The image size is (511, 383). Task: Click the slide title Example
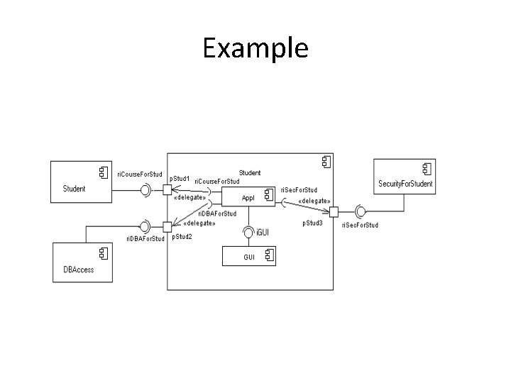255,48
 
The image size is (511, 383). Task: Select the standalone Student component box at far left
79,180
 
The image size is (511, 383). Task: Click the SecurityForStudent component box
405,176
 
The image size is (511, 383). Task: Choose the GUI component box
248,257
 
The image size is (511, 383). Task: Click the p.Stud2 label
182,236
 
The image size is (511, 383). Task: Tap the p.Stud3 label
312,223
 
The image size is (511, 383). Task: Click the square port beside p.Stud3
334,211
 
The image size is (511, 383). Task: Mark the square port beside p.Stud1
167,189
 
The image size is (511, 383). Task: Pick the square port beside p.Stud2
167,227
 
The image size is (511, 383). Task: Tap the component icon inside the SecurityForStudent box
426,168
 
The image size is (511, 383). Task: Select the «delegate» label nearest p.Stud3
314,201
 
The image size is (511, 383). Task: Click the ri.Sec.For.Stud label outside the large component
360,225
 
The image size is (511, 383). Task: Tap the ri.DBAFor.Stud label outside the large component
145,239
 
